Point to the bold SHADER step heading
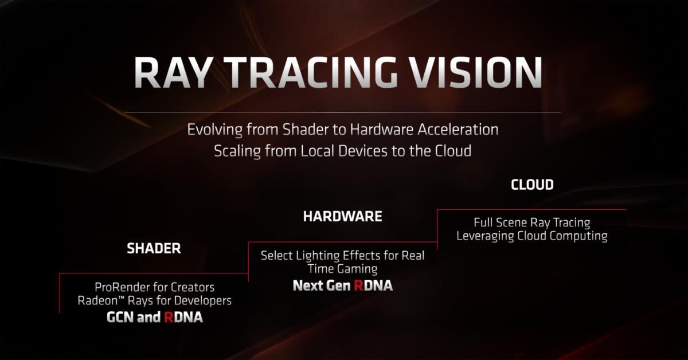click(154, 248)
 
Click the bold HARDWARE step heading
click(342, 216)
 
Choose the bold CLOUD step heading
click(531, 185)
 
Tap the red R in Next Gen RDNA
click(358, 285)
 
